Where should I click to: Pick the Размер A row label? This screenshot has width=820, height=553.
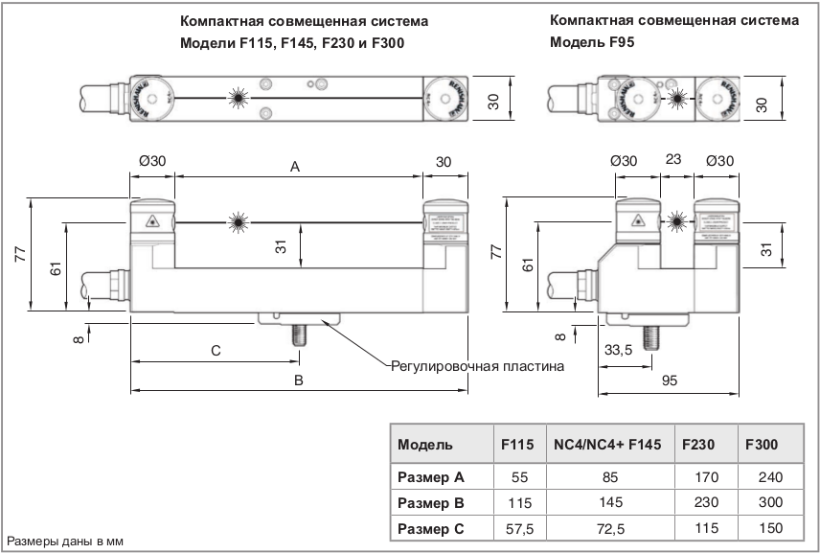click(431, 476)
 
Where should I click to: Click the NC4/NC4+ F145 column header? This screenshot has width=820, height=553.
click(608, 445)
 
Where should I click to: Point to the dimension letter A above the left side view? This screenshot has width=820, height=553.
click(296, 167)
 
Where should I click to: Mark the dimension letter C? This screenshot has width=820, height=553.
click(216, 352)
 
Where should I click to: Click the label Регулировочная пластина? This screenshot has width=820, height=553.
click(477, 366)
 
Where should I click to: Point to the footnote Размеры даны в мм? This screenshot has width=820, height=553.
click(66, 541)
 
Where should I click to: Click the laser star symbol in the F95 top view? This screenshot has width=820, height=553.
click(677, 97)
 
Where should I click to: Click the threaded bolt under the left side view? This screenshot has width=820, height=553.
click(298, 339)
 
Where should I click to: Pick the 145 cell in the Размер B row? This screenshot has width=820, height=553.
click(608, 502)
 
